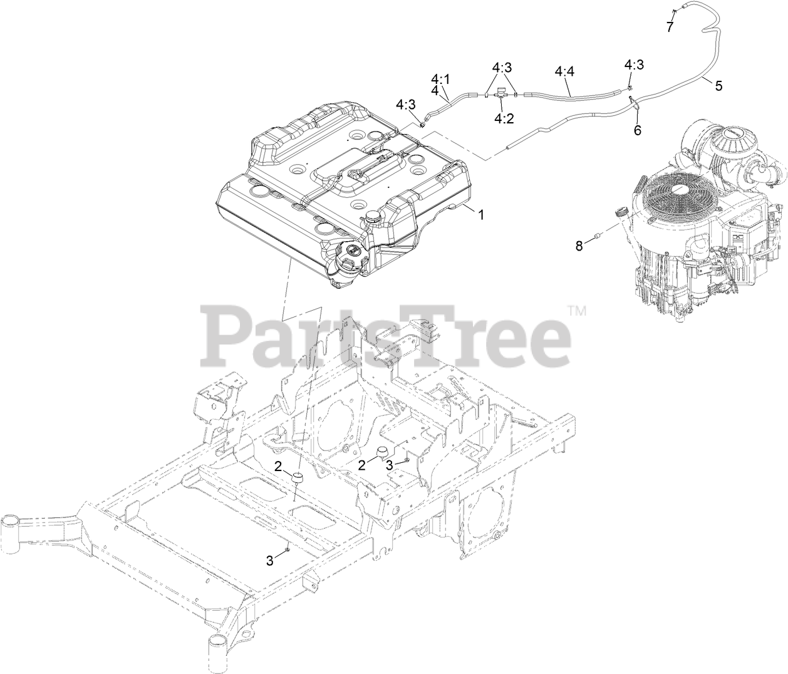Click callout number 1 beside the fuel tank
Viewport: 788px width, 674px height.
pyautogui.click(x=481, y=214)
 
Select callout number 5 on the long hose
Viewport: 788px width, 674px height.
pyautogui.click(x=718, y=86)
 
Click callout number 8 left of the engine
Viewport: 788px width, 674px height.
pyautogui.click(x=579, y=246)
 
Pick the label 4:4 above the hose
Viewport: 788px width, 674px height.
pyautogui.click(x=564, y=73)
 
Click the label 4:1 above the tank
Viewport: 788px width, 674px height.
pyautogui.click(x=440, y=79)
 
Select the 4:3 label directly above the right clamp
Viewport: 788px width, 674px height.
pyautogui.click(x=633, y=65)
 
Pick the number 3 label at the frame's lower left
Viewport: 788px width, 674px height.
pyautogui.click(x=270, y=561)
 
